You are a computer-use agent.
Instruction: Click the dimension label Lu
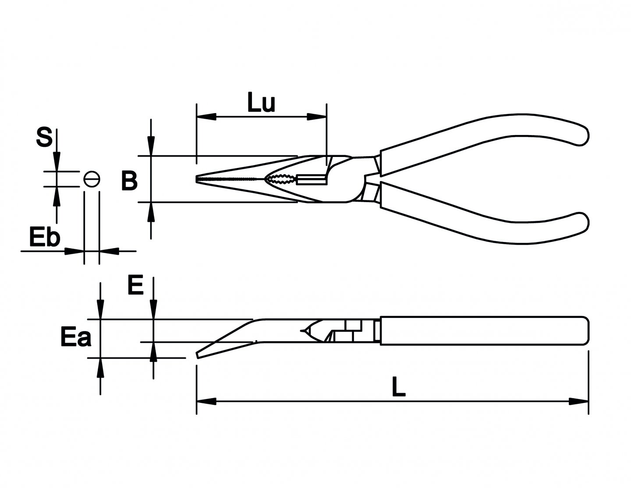[x=261, y=103]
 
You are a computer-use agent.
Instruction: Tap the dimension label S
[x=44, y=137]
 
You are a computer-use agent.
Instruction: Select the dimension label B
[x=129, y=181]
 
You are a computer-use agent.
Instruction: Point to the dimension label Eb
[x=44, y=238]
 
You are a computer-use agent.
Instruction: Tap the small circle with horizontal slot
[x=92, y=179]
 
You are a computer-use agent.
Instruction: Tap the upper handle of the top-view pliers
[x=482, y=136]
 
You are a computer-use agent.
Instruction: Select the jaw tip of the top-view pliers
[x=198, y=179]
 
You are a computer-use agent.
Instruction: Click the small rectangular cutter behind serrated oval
[x=311, y=179]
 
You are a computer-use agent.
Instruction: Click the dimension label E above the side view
[x=135, y=286]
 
